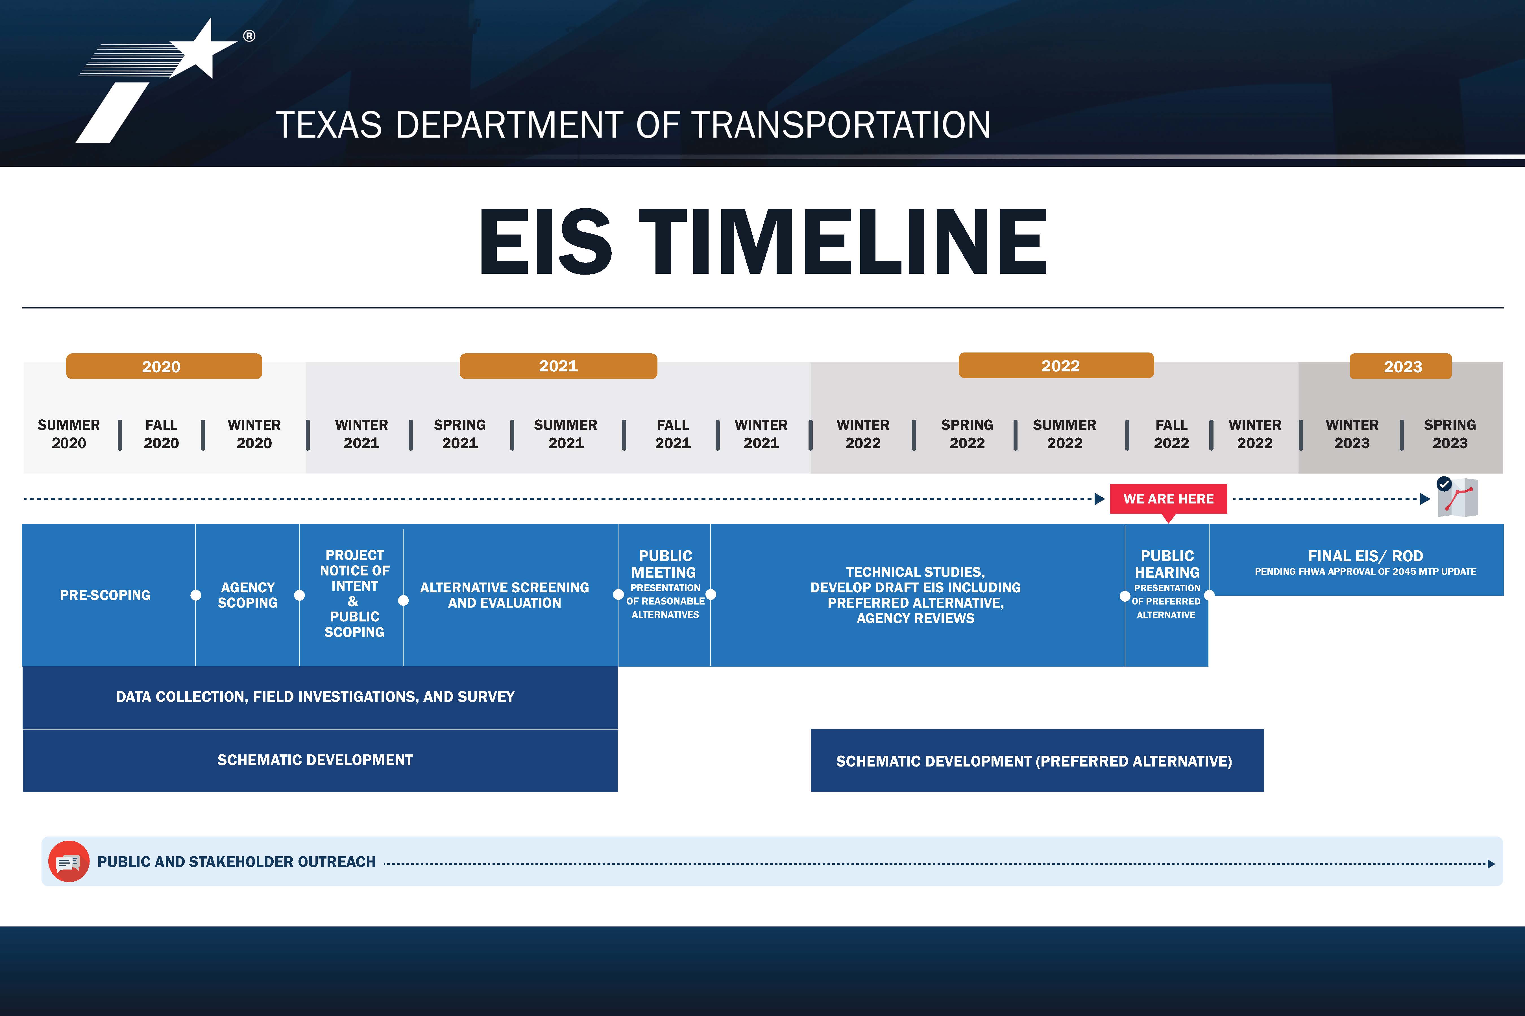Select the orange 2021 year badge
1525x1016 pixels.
click(x=558, y=366)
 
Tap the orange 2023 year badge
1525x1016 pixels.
click(x=1400, y=366)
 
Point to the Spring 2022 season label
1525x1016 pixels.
click(x=967, y=434)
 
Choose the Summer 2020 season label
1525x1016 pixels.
click(x=69, y=434)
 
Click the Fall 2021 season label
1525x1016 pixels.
click(x=673, y=434)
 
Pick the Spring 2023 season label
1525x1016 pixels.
click(x=1450, y=434)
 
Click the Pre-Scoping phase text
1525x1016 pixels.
click(x=105, y=595)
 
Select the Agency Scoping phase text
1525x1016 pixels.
click(x=248, y=595)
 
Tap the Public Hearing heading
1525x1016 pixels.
click(x=1167, y=564)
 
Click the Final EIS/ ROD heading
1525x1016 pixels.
click(x=1365, y=556)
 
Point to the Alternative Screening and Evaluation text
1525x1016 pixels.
click(x=504, y=595)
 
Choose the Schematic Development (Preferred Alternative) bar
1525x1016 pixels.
click(x=1037, y=761)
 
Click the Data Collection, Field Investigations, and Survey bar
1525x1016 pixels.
click(x=320, y=697)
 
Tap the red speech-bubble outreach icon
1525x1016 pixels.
click(x=69, y=862)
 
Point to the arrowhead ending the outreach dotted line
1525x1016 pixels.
click(x=1491, y=864)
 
